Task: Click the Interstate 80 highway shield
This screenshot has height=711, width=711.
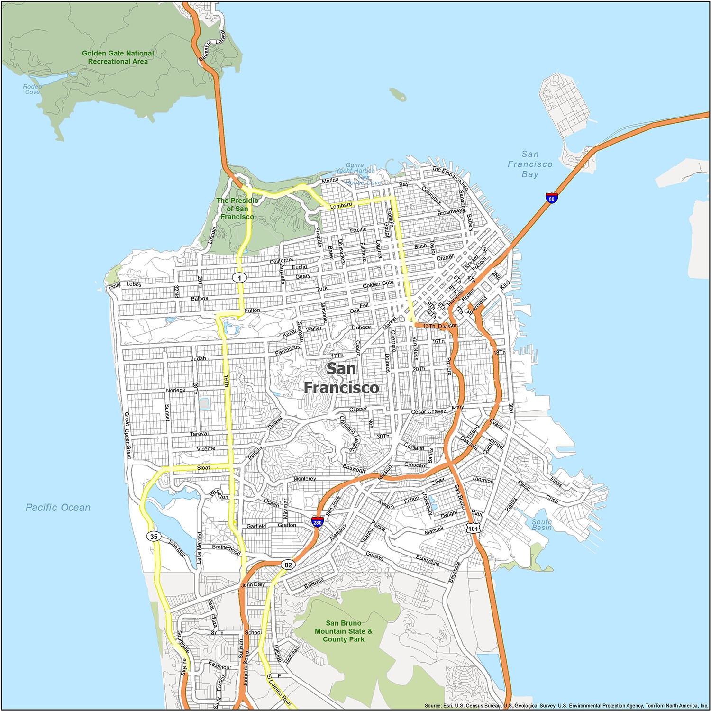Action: coord(551,197)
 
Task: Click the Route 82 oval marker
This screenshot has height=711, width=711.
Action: coord(288,565)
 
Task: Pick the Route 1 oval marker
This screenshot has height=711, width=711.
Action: coord(239,277)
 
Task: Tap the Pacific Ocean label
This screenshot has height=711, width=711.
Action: coord(58,508)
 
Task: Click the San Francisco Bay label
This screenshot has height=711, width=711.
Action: coord(530,164)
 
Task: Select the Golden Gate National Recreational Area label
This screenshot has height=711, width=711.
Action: coord(118,57)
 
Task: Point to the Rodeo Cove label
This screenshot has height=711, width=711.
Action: coord(32,89)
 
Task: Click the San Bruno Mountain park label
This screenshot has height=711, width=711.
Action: coord(344,631)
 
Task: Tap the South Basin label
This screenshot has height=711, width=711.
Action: coord(541,525)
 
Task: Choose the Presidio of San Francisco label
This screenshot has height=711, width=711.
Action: coord(237,208)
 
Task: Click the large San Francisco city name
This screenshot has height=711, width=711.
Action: coord(341,378)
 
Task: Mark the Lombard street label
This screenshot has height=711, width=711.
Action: coord(341,205)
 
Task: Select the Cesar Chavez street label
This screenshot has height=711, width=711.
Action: coord(428,411)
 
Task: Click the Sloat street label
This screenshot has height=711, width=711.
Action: coord(203,467)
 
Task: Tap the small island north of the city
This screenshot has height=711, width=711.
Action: coord(398,94)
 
